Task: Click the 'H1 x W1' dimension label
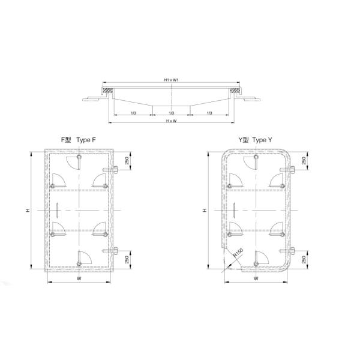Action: coord(171,80)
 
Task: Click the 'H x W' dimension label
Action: coord(172,121)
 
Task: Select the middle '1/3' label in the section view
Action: coord(172,113)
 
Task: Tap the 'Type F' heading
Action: coord(86,140)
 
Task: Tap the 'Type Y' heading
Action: coord(262,140)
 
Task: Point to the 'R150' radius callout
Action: coord(238,253)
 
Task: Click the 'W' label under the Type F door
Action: coord(79,279)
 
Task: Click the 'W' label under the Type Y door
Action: coord(256,279)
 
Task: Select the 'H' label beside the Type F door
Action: coord(28,210)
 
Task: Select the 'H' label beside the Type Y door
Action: coord(205,210)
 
